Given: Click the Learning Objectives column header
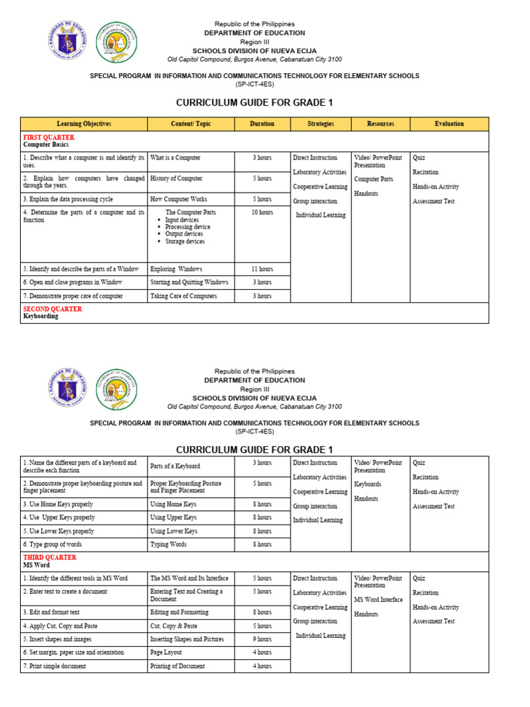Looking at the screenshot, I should [84, 124].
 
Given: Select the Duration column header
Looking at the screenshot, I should [262, 124].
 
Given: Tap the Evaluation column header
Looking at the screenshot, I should [449, 124].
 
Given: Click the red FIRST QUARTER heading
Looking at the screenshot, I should [48, 137].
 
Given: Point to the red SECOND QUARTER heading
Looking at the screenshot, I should [52, 309].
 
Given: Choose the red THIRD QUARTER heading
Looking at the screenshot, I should [50, 557].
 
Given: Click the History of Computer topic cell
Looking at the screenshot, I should [176, 179].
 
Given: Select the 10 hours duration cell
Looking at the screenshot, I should [262, 213].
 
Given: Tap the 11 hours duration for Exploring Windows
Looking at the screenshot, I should [262, 269].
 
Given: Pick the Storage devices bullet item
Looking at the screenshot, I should [184, 242].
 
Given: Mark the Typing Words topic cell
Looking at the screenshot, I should [168, 545].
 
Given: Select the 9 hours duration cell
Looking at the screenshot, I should [262, 639].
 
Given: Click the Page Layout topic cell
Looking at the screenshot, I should [166, 652].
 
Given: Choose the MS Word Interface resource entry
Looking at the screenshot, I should [378, 599].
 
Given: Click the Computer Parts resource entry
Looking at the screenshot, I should [373, 180].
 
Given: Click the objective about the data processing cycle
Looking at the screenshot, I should [68, 199].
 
